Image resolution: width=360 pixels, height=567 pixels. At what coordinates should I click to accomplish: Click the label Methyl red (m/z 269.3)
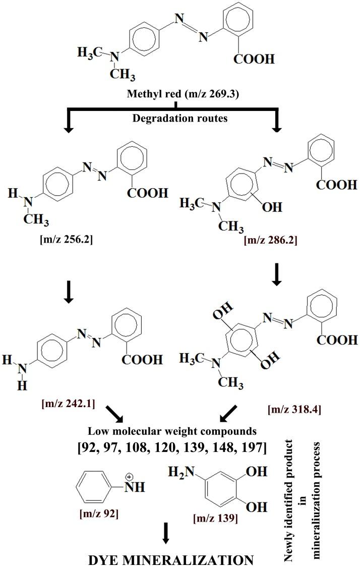pos(174,96)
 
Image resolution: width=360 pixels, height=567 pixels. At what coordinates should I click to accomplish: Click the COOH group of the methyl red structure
pos(254,60)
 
